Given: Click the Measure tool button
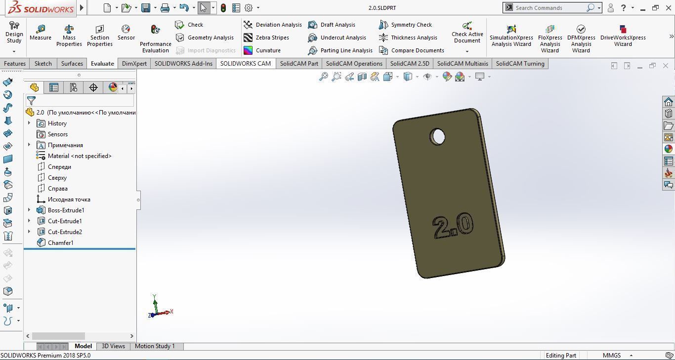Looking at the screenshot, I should (x=41, y=33).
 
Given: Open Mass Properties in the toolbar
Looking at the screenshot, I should (x=69, y=36).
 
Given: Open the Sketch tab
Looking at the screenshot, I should (x=43, y=64).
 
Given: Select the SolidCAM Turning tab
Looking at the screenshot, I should (x=520, y=64).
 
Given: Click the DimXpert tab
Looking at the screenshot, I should (x=134, y=64).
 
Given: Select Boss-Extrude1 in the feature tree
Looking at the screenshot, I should (x=66, y=210).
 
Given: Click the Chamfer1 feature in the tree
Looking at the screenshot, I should (x=60, y=243).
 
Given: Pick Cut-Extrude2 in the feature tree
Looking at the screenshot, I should (x=65, y=232).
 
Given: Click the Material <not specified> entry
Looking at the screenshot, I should (x=79, y=156).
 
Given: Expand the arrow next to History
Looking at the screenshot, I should (x=29, y=123).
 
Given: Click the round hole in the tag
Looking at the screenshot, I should (x=438, y=137).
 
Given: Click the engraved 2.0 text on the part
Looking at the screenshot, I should (x=453, y=227).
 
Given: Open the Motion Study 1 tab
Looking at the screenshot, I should (x=155, y=346).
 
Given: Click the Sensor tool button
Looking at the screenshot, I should (x=126, y=33).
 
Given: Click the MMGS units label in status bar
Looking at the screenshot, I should (x=611, y=356).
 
